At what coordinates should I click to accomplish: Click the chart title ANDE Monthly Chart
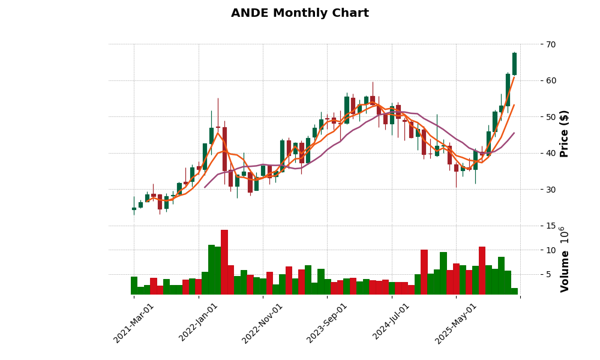299,13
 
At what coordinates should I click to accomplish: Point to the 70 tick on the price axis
551,44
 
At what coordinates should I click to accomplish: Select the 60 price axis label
551,80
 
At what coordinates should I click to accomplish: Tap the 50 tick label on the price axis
551,117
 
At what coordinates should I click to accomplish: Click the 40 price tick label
551,153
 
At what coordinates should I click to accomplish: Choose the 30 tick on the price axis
551,190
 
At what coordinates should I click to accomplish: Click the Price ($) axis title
565,133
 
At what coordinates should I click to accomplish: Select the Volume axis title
565,259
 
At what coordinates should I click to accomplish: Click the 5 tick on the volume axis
548,275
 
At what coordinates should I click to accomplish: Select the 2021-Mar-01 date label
134,323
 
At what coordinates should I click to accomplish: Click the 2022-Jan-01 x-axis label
199,323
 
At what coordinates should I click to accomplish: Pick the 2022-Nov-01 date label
263,323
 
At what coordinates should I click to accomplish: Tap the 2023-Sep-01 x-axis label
327,323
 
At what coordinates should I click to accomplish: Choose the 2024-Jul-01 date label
391,323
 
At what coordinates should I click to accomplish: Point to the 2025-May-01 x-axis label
456,323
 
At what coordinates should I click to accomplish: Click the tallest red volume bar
224,262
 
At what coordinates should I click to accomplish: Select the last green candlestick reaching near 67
514,64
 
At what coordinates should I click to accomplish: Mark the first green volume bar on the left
134,286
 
